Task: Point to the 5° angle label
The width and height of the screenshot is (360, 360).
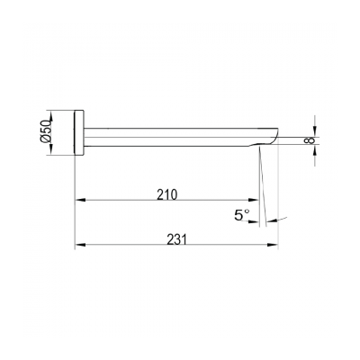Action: click(240, 215)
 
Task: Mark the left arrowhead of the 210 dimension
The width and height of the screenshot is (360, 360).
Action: click(78, 201)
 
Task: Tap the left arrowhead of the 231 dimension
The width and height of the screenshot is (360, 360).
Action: click(78, 245)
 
